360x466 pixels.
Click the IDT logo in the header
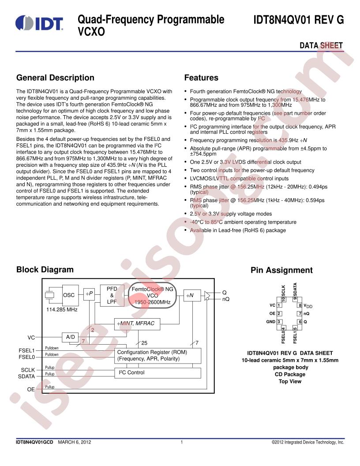coord(39,23)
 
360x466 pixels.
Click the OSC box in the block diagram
coord(71,295)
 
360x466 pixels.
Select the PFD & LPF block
coord(112,295)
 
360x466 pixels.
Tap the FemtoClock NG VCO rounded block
coord(152,295)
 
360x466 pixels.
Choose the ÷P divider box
coord(89,294)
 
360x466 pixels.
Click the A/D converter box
coord(71,337)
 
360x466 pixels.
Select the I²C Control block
coord(158,373)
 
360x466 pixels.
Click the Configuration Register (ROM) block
coord(158,355)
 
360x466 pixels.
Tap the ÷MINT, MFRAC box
coord(137,323)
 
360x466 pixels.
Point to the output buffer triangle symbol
coord(207,296)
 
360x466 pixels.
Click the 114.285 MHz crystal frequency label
coord(62,309)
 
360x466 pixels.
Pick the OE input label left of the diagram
coord(31,389)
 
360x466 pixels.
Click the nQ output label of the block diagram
coord(226,299)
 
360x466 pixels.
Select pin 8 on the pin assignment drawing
coord(300,305)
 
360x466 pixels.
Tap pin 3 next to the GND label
coord(279,322)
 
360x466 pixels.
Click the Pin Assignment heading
coord(281,270)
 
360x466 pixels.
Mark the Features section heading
coord(201,78)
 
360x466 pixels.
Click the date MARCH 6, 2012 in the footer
coord(74,442)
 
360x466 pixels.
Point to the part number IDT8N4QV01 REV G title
coord(299,20)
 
